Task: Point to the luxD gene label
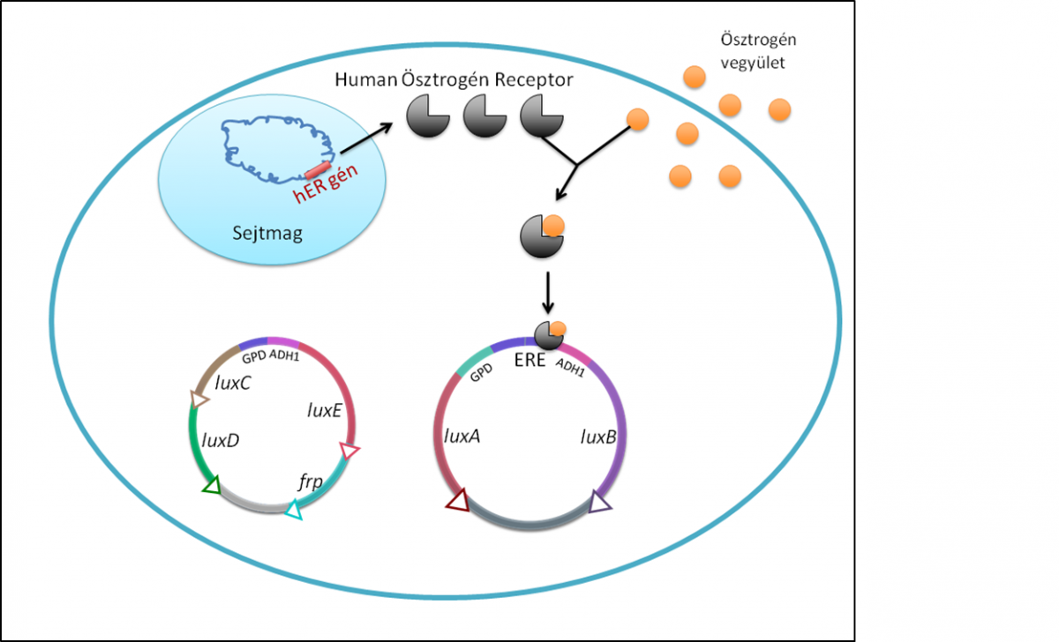click(x=219, y=440)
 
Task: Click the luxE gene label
click(x=322, y=410)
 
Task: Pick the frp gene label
click(x=310, y=482)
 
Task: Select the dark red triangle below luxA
click(x=457, y=501)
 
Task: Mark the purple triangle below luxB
click(x=600, y=503)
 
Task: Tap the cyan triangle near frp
click(x=294, y=510)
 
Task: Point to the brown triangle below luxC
click(x=199, y=399)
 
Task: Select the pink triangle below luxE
click(x=349, y=452)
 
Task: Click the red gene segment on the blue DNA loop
click(x=318, y=168)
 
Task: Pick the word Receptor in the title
click(x=534, y=80)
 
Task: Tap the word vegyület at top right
click(x=750, y=63)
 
